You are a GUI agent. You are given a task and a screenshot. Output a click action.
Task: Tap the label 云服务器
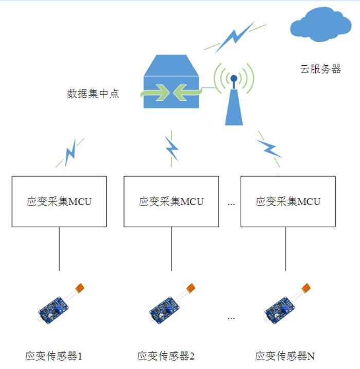tap(320, 68)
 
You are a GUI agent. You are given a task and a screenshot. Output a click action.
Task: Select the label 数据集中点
tap(93, 94)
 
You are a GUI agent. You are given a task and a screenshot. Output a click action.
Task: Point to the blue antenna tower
tap(233, 103)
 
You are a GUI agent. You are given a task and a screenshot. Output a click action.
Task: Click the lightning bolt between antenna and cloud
tap(235, 38)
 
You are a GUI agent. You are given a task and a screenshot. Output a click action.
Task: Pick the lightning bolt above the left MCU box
tap(71, 152)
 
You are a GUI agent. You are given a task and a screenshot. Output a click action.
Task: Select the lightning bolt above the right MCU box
tap(268, 147)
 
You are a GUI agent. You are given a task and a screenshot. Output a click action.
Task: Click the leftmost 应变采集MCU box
tap(59, 201)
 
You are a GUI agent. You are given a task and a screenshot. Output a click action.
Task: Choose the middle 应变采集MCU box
tap(171, 201)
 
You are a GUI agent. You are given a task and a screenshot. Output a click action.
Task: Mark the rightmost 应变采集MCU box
tap(288, 201)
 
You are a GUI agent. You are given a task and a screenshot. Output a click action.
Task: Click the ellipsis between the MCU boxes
tap(231, 204)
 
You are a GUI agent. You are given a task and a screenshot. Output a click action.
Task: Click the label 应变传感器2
tap(166, 356)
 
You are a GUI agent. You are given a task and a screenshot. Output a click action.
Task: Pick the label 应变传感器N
tap(285, 356)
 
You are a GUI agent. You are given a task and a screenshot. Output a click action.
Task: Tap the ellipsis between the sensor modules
tap(231, 318)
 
